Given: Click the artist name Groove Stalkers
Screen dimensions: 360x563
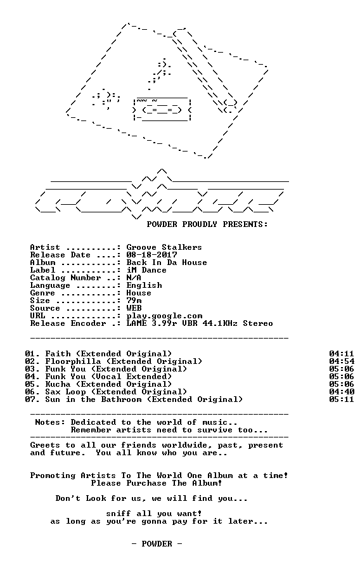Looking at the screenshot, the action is click(x=164, y=247).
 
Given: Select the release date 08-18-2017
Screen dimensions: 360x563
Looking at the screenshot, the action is click(x=151, y=255).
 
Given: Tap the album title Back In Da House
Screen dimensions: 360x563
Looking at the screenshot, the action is click(x=167, y=262).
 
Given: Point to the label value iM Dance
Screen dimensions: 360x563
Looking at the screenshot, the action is click(x=146, y=270).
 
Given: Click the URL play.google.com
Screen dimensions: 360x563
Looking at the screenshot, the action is click(x=164, y=316).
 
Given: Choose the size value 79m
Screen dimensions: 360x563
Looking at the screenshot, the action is click(x=134, y=300).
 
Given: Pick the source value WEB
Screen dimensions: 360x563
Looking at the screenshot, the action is click(x=134, y=308).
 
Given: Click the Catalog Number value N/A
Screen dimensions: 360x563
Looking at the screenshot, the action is click(x=134, y=278).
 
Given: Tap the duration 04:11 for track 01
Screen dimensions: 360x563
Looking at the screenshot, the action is click(x=342, y=354).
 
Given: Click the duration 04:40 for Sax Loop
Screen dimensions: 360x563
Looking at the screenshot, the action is click(x=342, y=392).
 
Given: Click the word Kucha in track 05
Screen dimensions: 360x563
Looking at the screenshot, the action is click(x=58, y=384).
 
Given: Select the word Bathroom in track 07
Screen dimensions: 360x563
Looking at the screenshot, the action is click(x=121, y=399).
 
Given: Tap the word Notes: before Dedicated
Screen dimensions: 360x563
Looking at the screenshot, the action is click(x=50, y=422).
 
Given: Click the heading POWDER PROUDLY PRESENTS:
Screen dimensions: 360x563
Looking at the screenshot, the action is click(x=207, y=224).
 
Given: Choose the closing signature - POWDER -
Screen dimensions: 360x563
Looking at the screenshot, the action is click(x=157, y=543).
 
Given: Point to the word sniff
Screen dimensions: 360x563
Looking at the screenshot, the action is click(x=119, y=514).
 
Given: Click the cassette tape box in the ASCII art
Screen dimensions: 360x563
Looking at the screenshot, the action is click(x=162, y=109).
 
